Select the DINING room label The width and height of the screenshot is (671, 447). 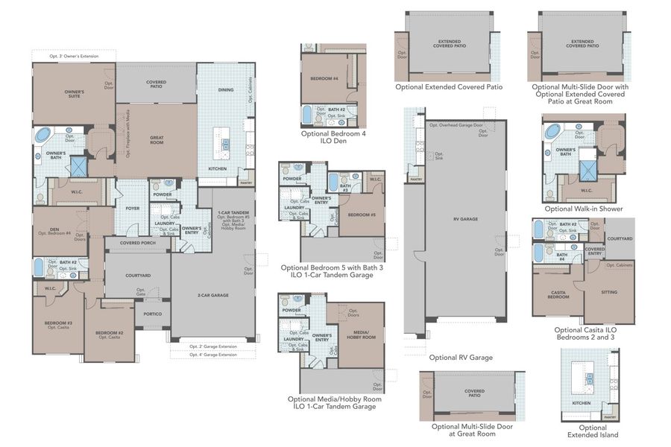point(226,90)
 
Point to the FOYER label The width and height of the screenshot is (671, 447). point(133,209)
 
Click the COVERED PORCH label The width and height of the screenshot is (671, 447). point(137,243)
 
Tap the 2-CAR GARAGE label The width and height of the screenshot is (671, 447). point(213,296)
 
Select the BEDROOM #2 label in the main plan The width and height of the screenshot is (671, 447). point(108,333)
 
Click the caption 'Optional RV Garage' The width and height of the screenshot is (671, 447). point(461,358)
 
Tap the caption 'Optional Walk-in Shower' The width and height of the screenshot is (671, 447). point(584,209)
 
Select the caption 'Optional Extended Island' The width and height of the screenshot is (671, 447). point(593,431)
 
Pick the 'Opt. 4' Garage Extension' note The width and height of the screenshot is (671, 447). point(212,355)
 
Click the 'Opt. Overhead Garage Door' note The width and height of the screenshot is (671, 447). point(456,125)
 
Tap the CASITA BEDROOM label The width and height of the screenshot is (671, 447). point(556,295)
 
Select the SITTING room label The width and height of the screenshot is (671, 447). point(609,292)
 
